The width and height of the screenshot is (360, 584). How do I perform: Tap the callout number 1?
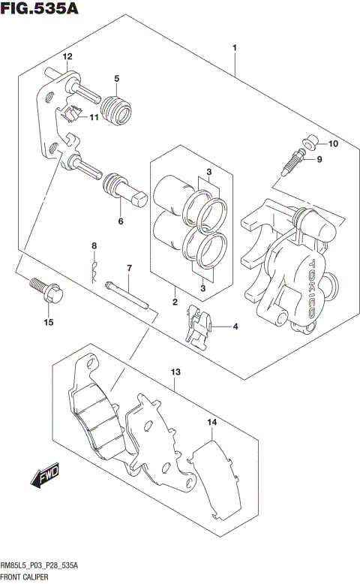coord(235,49)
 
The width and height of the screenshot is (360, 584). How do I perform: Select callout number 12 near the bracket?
coord(67,57)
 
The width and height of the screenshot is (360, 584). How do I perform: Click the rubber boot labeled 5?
coord(116,108)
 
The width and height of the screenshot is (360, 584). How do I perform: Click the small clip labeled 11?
coord(71,114)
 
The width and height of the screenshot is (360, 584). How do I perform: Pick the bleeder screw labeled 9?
coord(292,163)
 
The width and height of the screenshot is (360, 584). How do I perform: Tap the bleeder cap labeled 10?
coord(310,143)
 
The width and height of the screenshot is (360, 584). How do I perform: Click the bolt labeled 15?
coord(40,288)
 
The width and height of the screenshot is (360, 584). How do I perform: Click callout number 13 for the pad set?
coord(176,371)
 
